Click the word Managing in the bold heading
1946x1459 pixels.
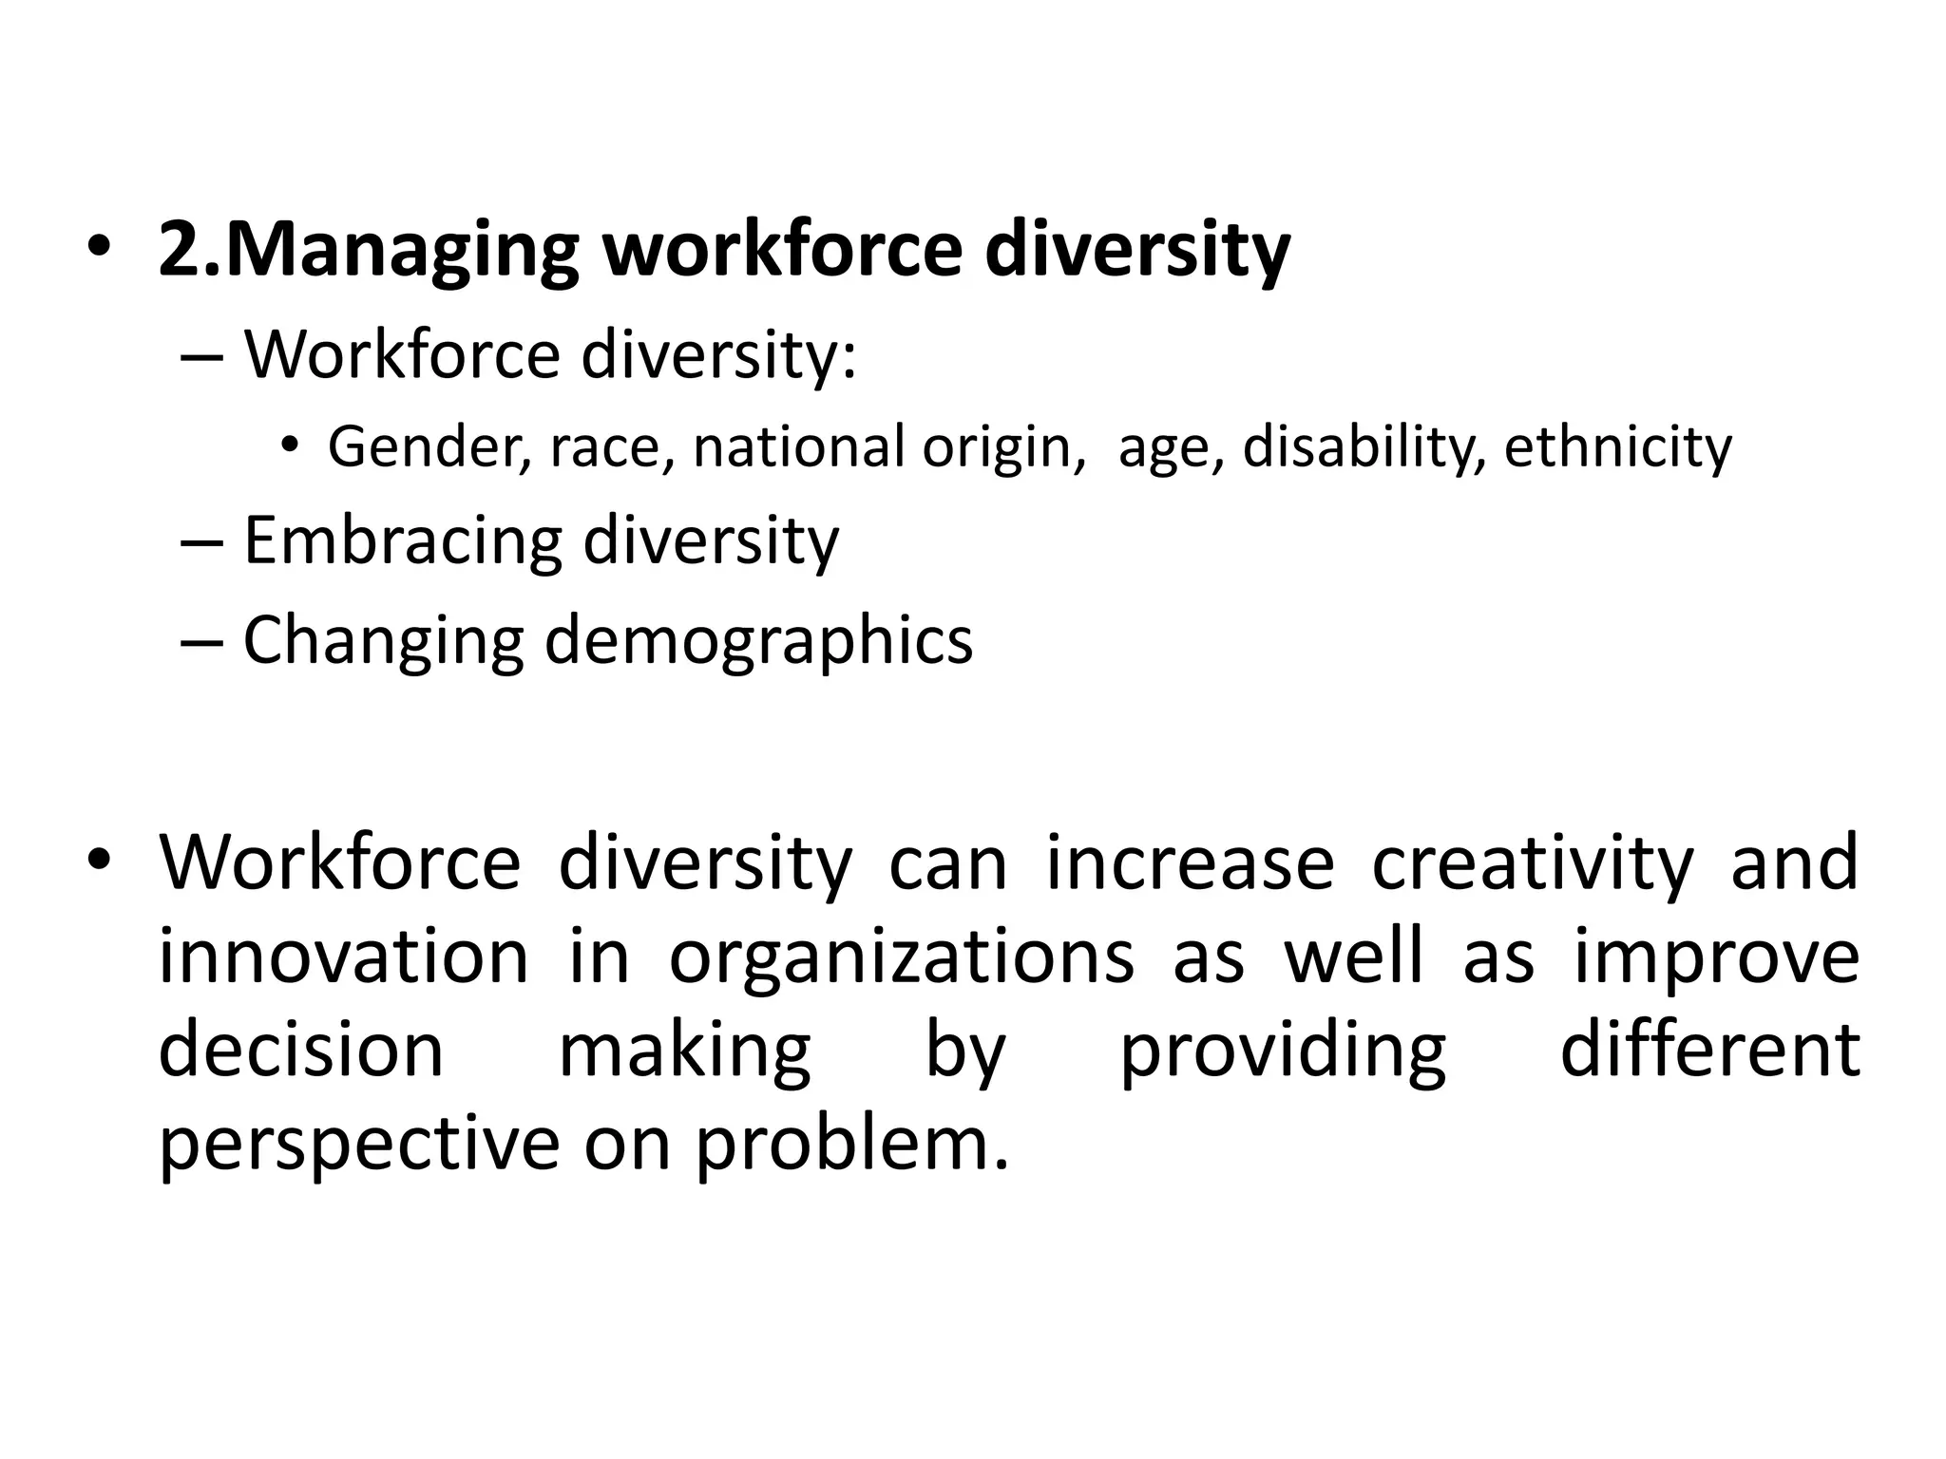[x=403, y=250]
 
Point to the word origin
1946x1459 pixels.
[x=1002, y=448]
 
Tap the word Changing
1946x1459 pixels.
[x=383, y=641]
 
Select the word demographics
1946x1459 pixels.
[x=759, y=641]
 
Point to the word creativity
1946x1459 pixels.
[x=1533, y=863]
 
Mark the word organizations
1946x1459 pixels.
[x=902, y=958]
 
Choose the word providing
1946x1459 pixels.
[x=1283, y=1052]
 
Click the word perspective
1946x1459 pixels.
[x=359, y=1146]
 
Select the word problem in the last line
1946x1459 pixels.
[x=849, y=1144]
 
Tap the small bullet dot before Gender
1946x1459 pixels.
[x=290, y=447]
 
